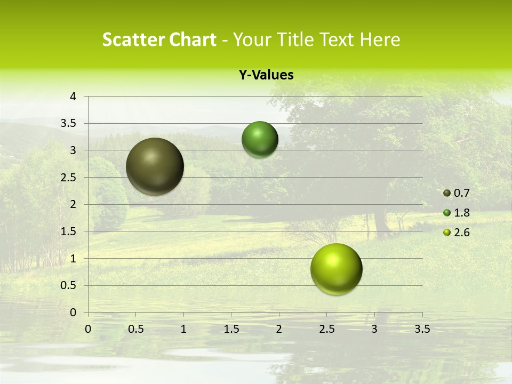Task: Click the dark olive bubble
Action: tap(155, 166)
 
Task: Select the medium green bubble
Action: tap(260, 139)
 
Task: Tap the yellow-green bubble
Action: tap(336, 269)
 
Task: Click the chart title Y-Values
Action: tap(266, 75)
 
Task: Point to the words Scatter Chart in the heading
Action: tap(159, 39)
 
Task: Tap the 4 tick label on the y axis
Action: tap(73, 97)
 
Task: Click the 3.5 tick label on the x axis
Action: tap(422, 329)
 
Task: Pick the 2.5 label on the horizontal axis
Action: tap(326, 329)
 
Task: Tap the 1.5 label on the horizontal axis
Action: tap(231, 329)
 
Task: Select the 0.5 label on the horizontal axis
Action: tap(135, 329)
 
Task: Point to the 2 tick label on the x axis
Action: tap(279, 329)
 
